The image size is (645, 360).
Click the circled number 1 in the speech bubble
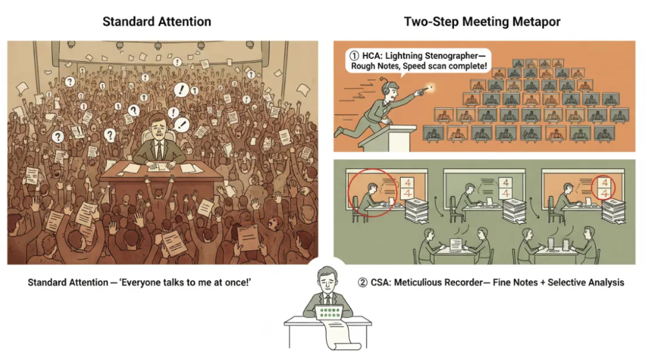click(354, 56)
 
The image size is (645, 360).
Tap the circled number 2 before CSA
click(363, 282)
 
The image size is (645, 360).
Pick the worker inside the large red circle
click(370, 196)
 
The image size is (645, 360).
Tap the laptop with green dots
click(328, 312)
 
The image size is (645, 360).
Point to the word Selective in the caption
click(567, 282)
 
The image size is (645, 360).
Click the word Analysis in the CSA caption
click(607, 282)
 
